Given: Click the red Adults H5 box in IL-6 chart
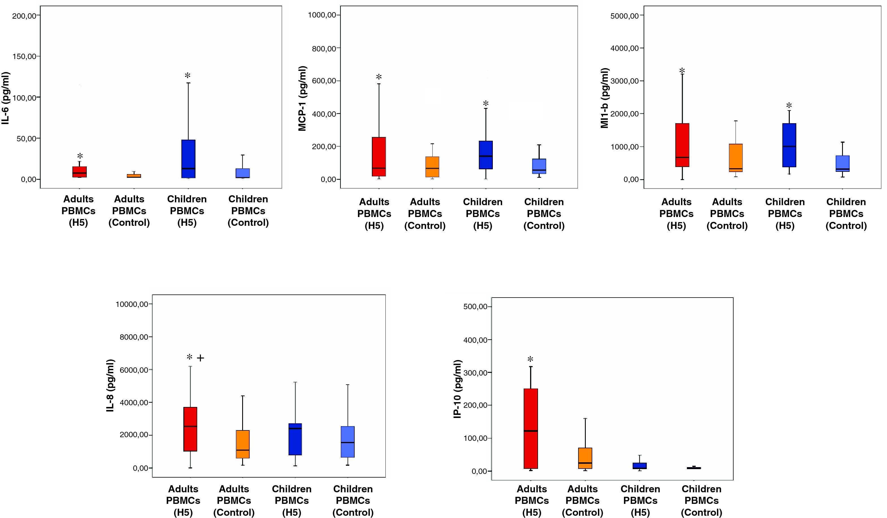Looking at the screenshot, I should [x=80, y=172].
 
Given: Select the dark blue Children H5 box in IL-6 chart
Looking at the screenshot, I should [x=188, y=159].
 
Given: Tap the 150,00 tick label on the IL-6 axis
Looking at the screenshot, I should [x=24, y=57].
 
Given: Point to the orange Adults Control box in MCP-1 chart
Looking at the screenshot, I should [x=432, y=167].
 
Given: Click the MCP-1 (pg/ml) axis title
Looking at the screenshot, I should [x=302, y=99].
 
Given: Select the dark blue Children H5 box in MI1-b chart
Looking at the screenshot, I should [x=789, y=145].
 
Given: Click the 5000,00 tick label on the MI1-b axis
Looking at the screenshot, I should [x=624, y=16].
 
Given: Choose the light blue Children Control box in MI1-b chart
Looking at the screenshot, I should [x=842, y=163].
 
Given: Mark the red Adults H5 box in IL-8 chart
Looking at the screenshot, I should [x=190, y=429].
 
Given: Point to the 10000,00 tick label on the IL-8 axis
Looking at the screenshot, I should [x=132, y=304].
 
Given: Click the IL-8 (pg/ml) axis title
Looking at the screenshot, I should [x=110, y=385].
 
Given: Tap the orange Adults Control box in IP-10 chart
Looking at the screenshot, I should [x=585, y=458].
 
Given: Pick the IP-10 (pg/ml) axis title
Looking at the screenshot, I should [x=457, y=389].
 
